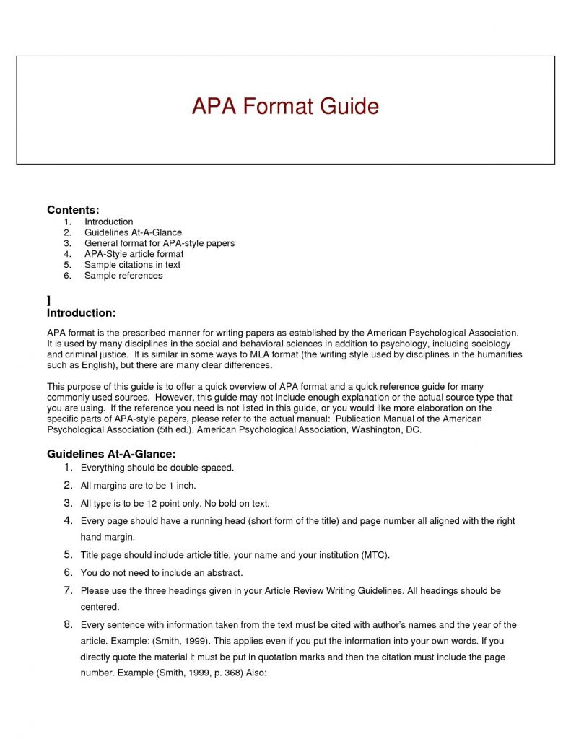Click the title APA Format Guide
point(285,107)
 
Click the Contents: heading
point(73,209)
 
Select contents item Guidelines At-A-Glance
point(133,232)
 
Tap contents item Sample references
point(123,275)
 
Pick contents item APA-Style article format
point(134,254)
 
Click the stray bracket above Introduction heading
point(48,299)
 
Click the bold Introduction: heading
point(81,312)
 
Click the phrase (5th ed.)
point(172,429)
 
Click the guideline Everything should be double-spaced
point(157,468)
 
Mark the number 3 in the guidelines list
point(67,503)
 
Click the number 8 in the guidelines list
point(67,624)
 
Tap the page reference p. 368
point(204,673)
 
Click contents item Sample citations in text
point(132,264)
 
